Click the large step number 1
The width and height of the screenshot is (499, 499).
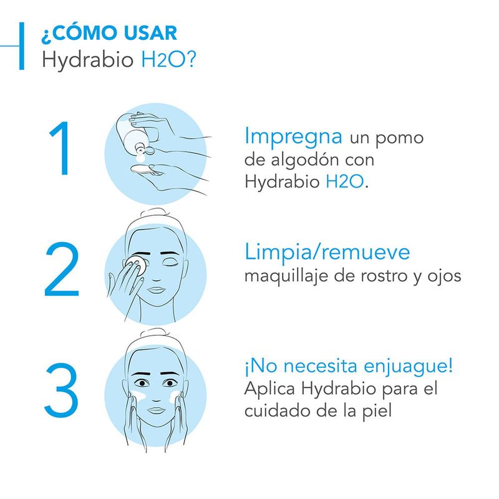click(61, 148)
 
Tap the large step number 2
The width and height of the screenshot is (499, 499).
click(61, 269)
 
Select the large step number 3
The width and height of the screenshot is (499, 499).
click(61, 390)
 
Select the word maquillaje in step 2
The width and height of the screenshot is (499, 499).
click(286, 276)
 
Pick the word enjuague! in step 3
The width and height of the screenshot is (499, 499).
click(409, 367)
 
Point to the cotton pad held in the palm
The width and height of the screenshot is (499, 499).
click(142, 168)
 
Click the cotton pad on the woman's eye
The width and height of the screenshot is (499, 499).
click(136, 265)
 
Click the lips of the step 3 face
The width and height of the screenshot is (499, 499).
click(155, 410)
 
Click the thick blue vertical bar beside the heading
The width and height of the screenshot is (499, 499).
click(22, 46)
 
